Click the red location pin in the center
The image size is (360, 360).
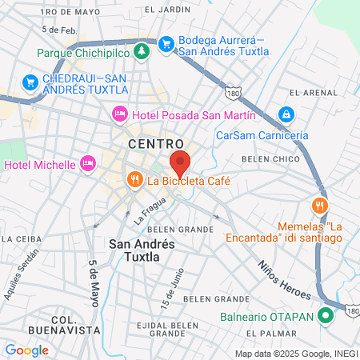coord(180,162)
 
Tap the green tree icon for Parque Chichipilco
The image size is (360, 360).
coord(142,51)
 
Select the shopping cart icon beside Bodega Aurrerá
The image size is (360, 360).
coord(166,42)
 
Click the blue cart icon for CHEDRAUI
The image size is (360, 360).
coord(30,81)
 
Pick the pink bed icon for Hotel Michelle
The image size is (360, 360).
coord(88,164)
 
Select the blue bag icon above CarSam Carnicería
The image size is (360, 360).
coord(285,114)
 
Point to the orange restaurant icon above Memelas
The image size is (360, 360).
coord(319,204)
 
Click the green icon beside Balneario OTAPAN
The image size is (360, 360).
coord(325,315)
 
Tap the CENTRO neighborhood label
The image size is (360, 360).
coord(155,144)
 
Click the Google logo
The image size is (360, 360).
coord(26,350)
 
